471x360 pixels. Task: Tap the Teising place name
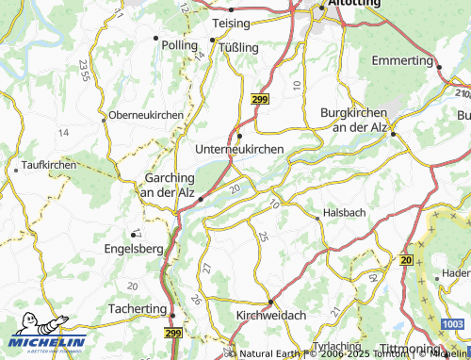pyautogui.click(x=231, y=23)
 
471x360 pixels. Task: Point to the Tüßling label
pyautogui.click(x=238, y=46)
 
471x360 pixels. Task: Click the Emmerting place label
pyautogui.click(x=401, y=60)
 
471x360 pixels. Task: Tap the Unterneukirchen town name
pyautogui.click(x=239, y=149)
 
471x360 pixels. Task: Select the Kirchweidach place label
pyautogui.click(x=269, y=316)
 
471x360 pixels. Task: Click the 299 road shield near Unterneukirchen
pyautogui.click(x=259, y=98)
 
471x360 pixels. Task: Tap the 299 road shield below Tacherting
pyautogui.click(x=172, y=334)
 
